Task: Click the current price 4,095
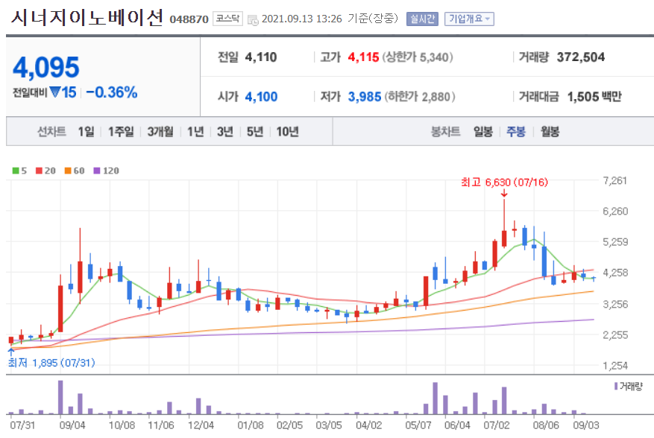click(46, 68)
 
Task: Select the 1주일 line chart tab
click(120, 132)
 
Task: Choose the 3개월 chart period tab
click(160, 132)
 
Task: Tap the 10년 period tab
click(287, 132)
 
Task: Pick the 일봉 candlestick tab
click(483, 132)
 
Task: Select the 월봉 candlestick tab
click(550, 132)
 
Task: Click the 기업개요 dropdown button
click(469, 19)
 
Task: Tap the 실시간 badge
click(422, 19)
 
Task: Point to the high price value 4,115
click(363, 57)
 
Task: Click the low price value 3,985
click(365, 96)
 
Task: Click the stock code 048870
click(189, 19)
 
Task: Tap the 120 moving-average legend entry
click(106, 171)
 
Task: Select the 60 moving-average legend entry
click(78, 171)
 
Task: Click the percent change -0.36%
click(111, 92)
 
